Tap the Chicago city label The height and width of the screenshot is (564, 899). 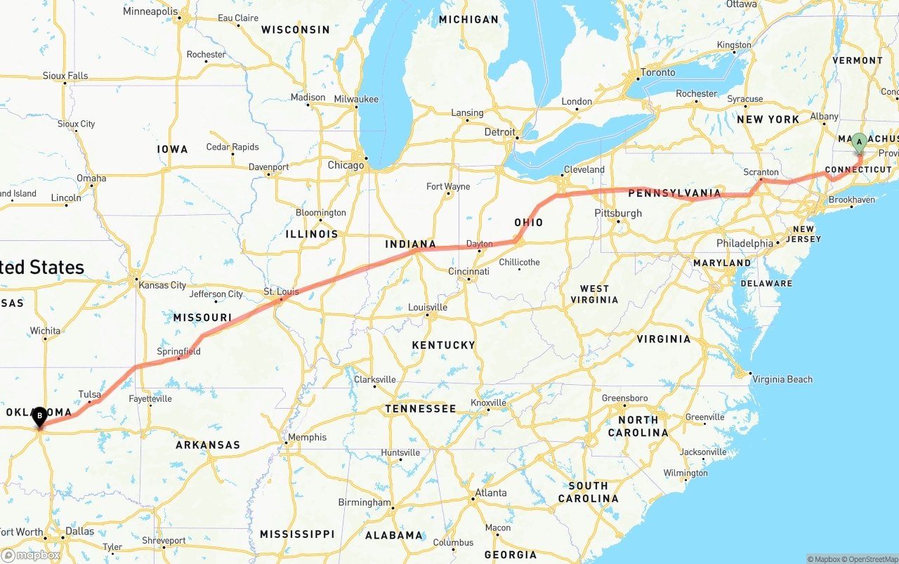pos(346,166)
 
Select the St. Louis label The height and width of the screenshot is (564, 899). pos(281,291)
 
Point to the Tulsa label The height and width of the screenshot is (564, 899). pos(90,395)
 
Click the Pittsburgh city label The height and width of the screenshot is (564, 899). pos(618,213)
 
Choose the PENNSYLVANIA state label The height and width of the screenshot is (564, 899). pos(674,192)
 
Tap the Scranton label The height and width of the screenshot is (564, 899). pos(761,172)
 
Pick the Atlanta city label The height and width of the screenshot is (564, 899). pos(491,493)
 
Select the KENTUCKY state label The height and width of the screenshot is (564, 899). pos(443,345)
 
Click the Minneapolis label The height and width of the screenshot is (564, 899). pos(150,11)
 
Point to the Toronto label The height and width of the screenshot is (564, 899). pos(658,72)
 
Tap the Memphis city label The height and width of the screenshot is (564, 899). pos(308,437)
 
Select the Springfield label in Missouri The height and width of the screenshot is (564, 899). pos(178,351)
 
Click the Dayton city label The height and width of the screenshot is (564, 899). pos(480,244)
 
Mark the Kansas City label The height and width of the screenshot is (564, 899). pos(163,285)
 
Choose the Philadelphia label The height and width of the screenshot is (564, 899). pos(744,244)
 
